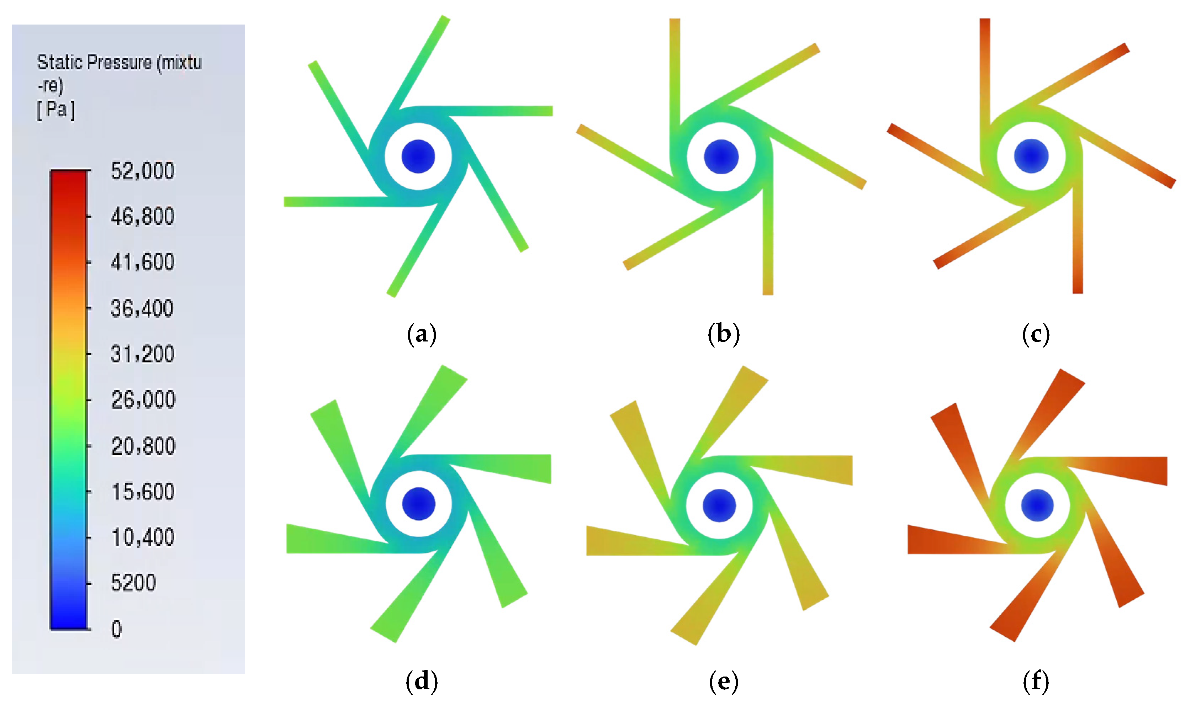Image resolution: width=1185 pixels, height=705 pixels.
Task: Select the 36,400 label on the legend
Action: [x=142, y=309]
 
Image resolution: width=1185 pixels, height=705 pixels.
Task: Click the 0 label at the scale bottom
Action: [x=116, y=629]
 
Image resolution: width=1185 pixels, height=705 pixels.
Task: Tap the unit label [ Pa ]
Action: [x=55, y=110]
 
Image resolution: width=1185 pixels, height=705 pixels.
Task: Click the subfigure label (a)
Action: [x=422, y=334]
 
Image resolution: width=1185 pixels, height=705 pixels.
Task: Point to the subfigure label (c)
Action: [x=1036, y=334]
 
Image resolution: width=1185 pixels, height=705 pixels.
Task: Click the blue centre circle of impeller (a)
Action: [x=418, y=156]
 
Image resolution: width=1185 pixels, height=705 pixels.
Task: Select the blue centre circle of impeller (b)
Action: [x=721, y=157]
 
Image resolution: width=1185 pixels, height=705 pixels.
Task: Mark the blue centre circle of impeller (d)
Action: [x=419, y=504]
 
